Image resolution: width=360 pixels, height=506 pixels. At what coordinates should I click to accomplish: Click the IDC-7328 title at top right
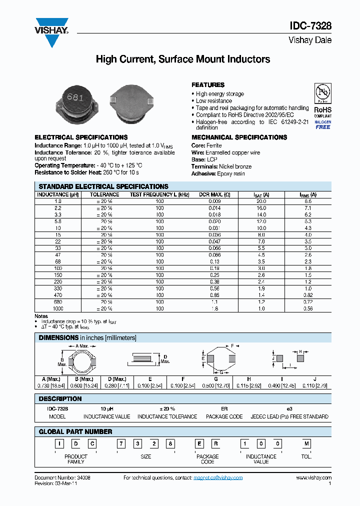point(310,26)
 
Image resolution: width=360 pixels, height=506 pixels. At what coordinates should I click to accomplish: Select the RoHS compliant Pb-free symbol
point(322,94)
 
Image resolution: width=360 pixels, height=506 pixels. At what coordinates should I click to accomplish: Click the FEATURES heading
point(208,85)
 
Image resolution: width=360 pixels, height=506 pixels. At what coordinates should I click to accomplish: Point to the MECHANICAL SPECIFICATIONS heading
point(239,137)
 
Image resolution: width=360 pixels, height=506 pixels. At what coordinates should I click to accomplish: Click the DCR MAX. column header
point(214,194)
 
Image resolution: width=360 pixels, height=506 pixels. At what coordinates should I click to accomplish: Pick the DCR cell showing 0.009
point(214,201)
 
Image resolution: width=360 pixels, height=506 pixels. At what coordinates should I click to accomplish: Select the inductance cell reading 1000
point(58,309)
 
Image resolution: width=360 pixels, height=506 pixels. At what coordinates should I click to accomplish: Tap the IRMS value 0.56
point(308,309)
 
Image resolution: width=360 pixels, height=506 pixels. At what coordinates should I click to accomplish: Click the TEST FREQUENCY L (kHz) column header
point(159,194)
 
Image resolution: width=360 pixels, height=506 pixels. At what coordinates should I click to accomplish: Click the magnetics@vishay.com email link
point(217,478)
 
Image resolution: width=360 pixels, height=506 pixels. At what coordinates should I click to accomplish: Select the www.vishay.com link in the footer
point(314,478)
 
